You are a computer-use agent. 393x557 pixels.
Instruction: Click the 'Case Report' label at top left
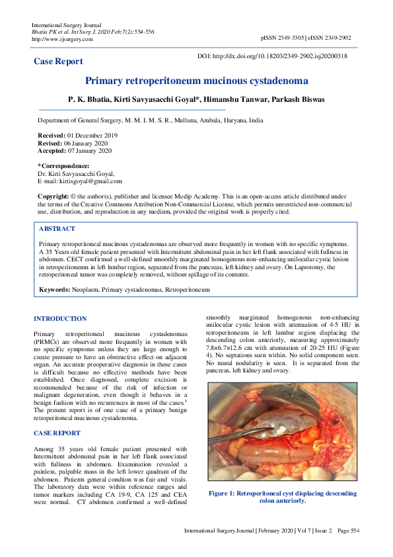pos(59,62)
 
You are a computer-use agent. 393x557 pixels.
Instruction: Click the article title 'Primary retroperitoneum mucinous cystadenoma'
pos(196,81)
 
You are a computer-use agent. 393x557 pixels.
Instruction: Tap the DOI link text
pos(272,56)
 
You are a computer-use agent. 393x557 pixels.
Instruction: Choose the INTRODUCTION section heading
pos(60,319)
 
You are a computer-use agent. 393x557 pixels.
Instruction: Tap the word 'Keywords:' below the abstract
pos(55,290)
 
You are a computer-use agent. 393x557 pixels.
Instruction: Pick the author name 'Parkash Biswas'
pos(301,99)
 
